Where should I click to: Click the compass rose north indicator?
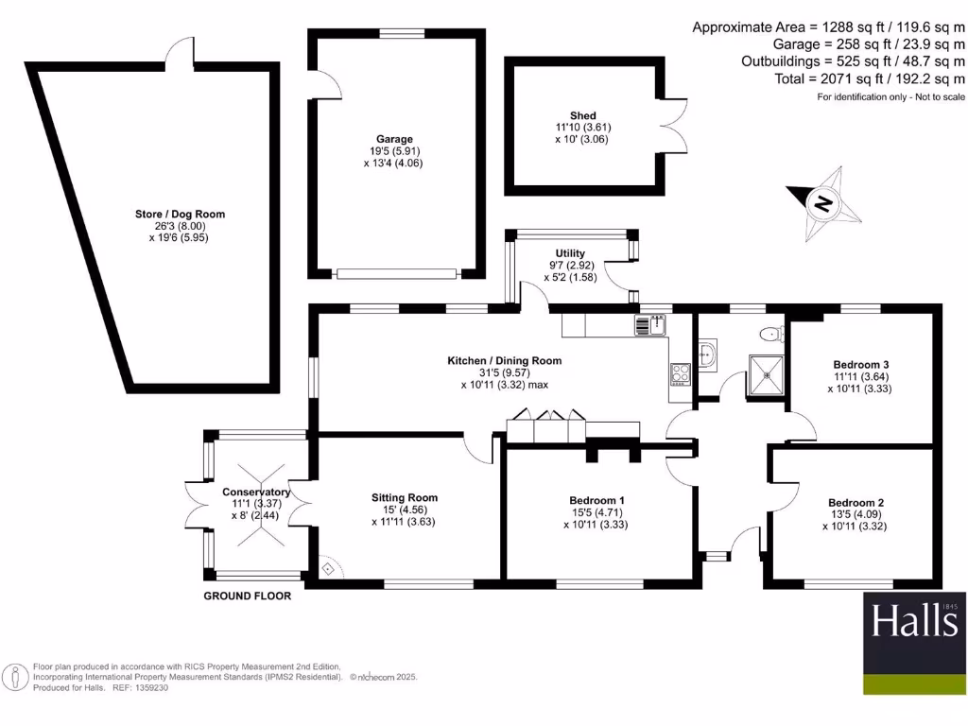824,202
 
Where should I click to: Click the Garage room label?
394,139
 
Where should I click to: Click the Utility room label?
570,253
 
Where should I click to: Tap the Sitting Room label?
405,497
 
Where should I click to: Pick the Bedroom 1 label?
596,500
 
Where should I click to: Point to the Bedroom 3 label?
860,364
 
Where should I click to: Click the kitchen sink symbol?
651,326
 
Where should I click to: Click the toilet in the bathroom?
772,333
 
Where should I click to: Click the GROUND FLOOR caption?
248,596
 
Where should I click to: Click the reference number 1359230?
147,688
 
